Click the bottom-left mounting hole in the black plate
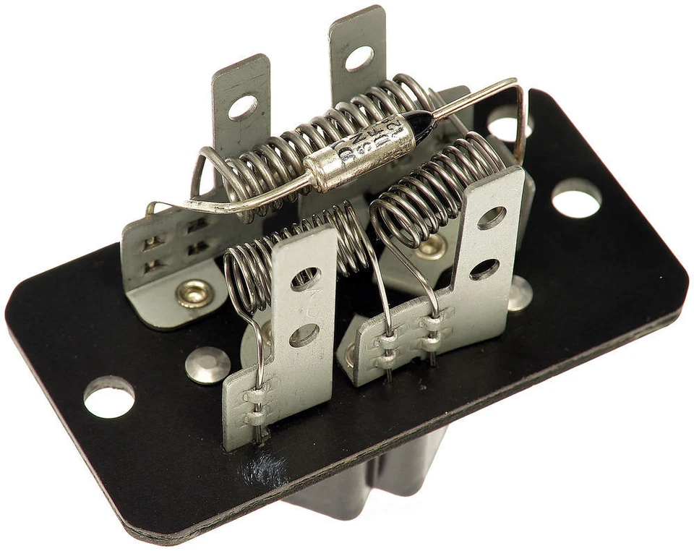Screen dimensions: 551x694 pos(109,397)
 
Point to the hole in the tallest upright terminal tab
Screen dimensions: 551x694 pos(359,59)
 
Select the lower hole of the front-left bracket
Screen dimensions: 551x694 pos(304,335)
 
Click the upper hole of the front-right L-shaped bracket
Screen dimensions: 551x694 pos(492,217)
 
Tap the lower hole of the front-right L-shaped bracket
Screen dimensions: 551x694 pos(484,269)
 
